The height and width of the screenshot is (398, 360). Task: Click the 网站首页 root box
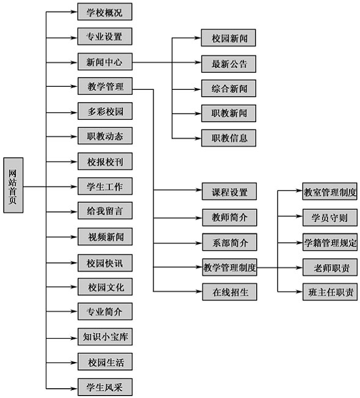[13, 185]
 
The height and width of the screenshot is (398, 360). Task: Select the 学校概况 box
[105, 12]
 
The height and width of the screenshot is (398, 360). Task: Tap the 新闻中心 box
[105, 62]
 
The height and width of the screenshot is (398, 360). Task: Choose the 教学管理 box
[105, 86]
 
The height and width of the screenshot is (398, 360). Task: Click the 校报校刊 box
[105, 161]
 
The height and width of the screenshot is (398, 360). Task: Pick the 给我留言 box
[105, 211]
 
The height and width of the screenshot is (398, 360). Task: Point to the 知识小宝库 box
[105, 337]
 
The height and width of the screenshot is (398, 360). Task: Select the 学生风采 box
[105, 387]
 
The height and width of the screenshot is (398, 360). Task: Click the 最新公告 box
[229, 64]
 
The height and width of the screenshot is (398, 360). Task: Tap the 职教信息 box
[229, 138]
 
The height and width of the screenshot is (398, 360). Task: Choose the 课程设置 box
[229, 191]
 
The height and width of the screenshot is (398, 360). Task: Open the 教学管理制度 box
[229, 267]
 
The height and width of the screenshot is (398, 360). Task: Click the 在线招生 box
[229, 292]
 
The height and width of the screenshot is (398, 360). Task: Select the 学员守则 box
[330, 218]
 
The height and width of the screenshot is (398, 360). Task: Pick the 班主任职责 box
[330, 292]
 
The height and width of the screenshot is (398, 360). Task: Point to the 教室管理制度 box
[329, 191]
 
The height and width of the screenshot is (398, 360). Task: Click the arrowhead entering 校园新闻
[198, 38]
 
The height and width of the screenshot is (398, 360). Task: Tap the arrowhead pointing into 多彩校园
[75, 112]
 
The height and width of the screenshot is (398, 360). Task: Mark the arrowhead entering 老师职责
[299, 268]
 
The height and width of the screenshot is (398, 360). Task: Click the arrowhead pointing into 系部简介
[199, 243]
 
